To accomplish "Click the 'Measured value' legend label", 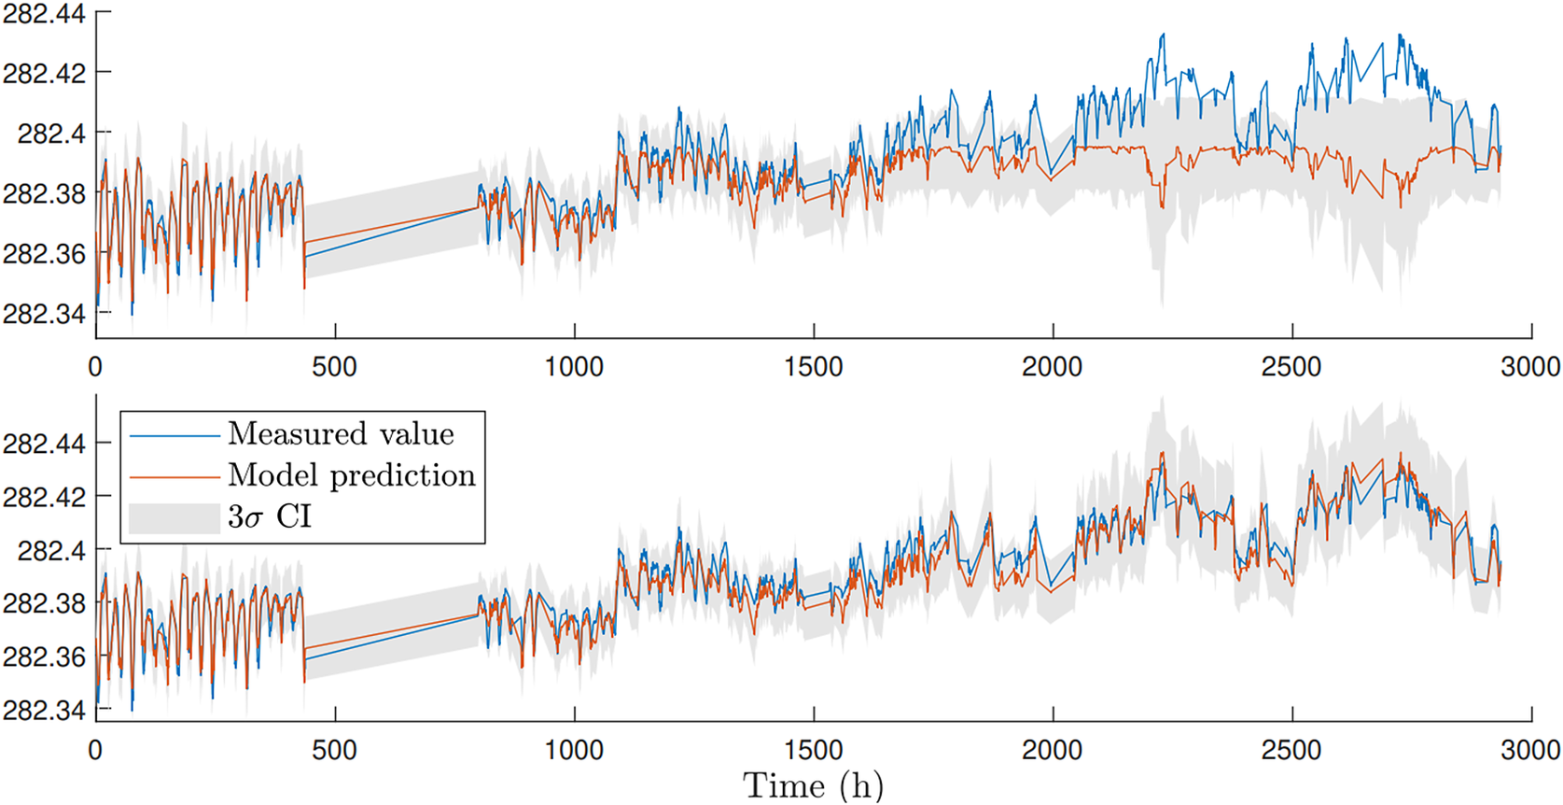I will coord(341,434).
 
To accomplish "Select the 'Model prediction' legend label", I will coord(352,475).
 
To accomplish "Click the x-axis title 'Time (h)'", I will coord(813,785).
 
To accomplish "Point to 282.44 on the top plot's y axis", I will coord(44,13).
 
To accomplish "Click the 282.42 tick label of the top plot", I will coord(44,73).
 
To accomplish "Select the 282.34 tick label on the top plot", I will coord(44,313).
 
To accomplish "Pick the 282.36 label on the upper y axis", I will coord(44,253).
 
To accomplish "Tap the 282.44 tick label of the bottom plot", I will coord(44,444).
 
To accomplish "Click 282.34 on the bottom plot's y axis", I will coord(44,710).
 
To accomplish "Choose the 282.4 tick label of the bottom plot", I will coord(51,550).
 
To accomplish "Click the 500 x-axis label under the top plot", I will coord(334,366).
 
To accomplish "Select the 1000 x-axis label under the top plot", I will coord(574,366).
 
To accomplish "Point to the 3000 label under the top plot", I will coord(1530,366).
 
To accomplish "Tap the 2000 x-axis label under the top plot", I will coord(1052,366).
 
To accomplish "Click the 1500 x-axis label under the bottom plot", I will coord(813,749).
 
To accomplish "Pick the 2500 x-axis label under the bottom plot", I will coord(1291,749).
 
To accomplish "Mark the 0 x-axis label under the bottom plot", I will coord(95,749).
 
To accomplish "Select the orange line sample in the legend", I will coord(174,477).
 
